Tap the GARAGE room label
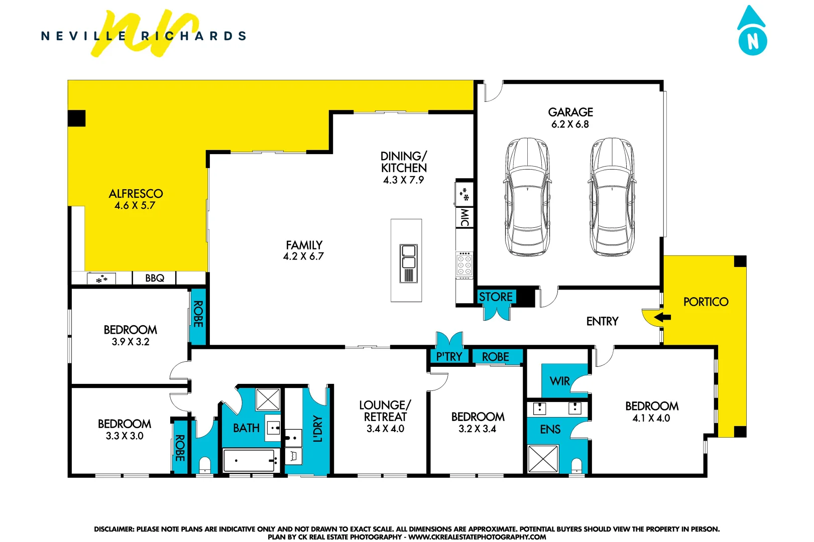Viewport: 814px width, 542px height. tap(570, 112)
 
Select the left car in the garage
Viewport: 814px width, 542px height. tap(526, 197)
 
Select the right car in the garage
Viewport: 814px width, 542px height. tap(611, 197)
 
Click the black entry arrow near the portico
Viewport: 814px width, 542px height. tap(662, 317)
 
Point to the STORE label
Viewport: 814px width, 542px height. tap(496, 297)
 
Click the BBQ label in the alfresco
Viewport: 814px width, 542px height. tap(155, 278)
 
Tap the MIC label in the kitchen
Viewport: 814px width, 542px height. tap(464, 217)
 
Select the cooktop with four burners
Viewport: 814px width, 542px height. tap(464, 264)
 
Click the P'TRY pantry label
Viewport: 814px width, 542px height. tap(449, 357)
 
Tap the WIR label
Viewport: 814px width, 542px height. tap(559, 381)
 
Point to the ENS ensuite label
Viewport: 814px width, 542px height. tap(550, 430)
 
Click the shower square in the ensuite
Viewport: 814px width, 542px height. tap(543, 459)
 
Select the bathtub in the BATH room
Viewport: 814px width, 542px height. tap(251, 460)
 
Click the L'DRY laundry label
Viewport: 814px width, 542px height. tap(317, 429)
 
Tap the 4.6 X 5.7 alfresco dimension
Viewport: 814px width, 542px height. tap(135, 205)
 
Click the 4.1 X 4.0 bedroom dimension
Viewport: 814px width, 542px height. tap(651, 418)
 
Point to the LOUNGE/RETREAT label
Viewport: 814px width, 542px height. tap(385, 411)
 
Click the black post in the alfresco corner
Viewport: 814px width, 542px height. tap(77, 118)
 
